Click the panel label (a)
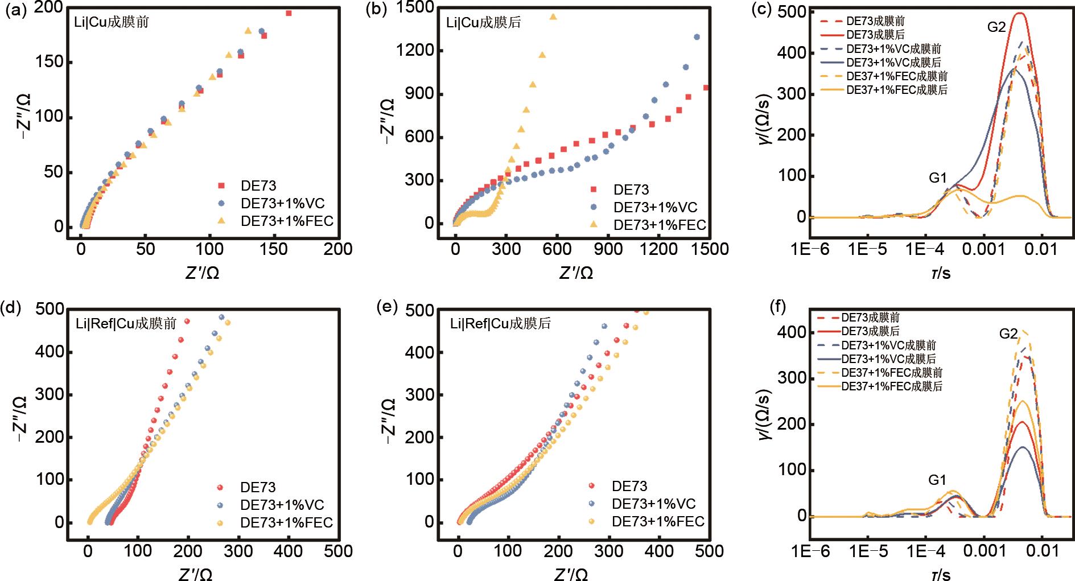coord(15,11)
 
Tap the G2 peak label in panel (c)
coord(996,27)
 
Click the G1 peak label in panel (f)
coord(937,480)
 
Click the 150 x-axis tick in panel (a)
coord(274,249)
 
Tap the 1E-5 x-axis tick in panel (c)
coord(867,249)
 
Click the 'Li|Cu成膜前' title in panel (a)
coord(112,22)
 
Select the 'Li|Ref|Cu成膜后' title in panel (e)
coord(500,324)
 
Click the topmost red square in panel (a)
coord(289,13)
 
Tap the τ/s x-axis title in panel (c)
coord(941,273)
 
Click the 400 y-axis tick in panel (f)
coord(790,332)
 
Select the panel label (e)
coord(387,307)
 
